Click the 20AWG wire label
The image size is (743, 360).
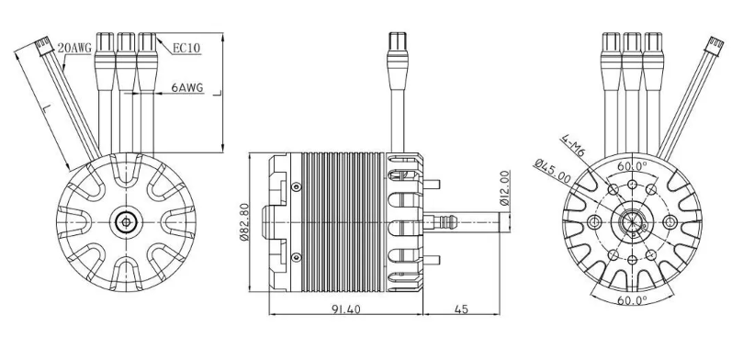[74, 49]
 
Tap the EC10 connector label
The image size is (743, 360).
[186, 49]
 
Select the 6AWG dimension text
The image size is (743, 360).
[187, 87]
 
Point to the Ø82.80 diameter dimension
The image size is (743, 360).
[244, 221]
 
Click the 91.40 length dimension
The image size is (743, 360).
[346, 309]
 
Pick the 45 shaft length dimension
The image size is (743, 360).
[461, 309]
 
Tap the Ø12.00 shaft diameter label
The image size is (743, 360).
[504, 187]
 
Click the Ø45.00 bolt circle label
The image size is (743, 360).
[552, 172]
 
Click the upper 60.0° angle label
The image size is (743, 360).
[632, 166]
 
